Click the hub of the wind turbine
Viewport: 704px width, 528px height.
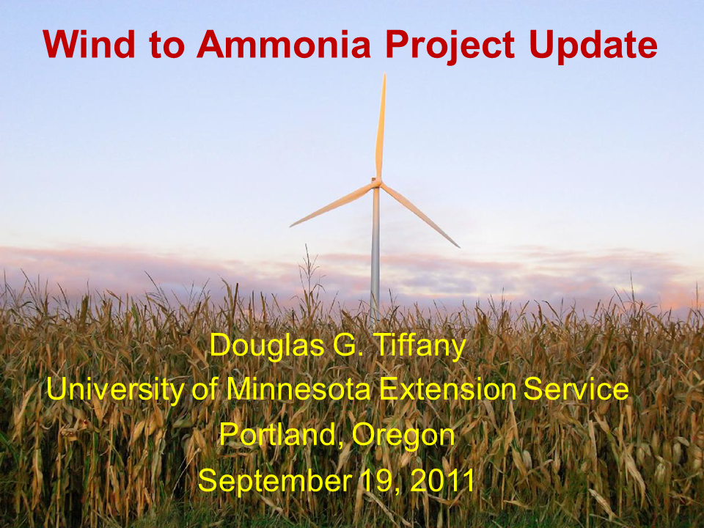[376, 182]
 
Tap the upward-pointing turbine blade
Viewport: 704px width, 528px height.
[381, 125]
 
